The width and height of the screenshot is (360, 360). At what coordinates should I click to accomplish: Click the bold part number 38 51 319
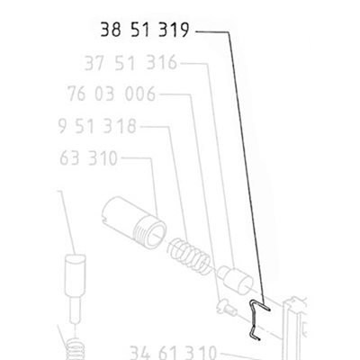145,30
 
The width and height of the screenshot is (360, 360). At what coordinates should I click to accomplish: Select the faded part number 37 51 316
130,63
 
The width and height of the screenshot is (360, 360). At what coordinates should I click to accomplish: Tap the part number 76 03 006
112,94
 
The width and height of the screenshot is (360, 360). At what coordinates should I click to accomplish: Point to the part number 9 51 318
97,126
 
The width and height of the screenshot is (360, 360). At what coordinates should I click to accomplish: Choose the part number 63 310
88,158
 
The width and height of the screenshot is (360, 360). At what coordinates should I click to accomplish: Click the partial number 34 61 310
173,353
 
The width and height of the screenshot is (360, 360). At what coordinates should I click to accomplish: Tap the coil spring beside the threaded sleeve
189,256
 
